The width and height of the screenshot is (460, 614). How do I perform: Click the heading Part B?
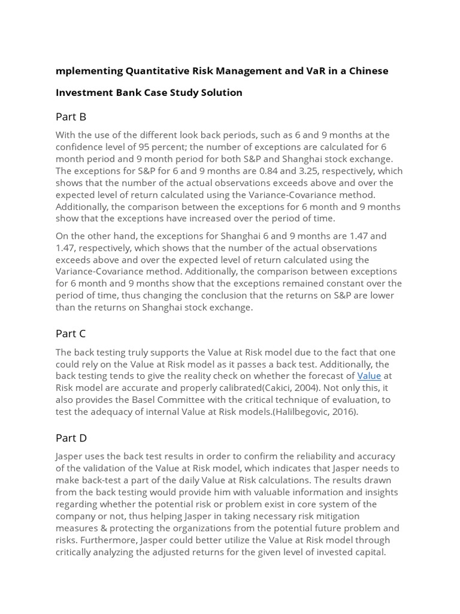click(x=71, y=117)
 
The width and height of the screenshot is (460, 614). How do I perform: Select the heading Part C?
click(x=71, y=333)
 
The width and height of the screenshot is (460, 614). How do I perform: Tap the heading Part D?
click(x=71, y=438)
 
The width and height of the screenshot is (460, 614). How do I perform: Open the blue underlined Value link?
click(x=369, y=376)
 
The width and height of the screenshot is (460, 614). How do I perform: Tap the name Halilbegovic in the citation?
click(x=301, y=412)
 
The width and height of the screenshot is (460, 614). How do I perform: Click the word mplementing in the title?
click(x=89, y=71)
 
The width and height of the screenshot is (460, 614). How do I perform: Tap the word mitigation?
click(x=338, y=516)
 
